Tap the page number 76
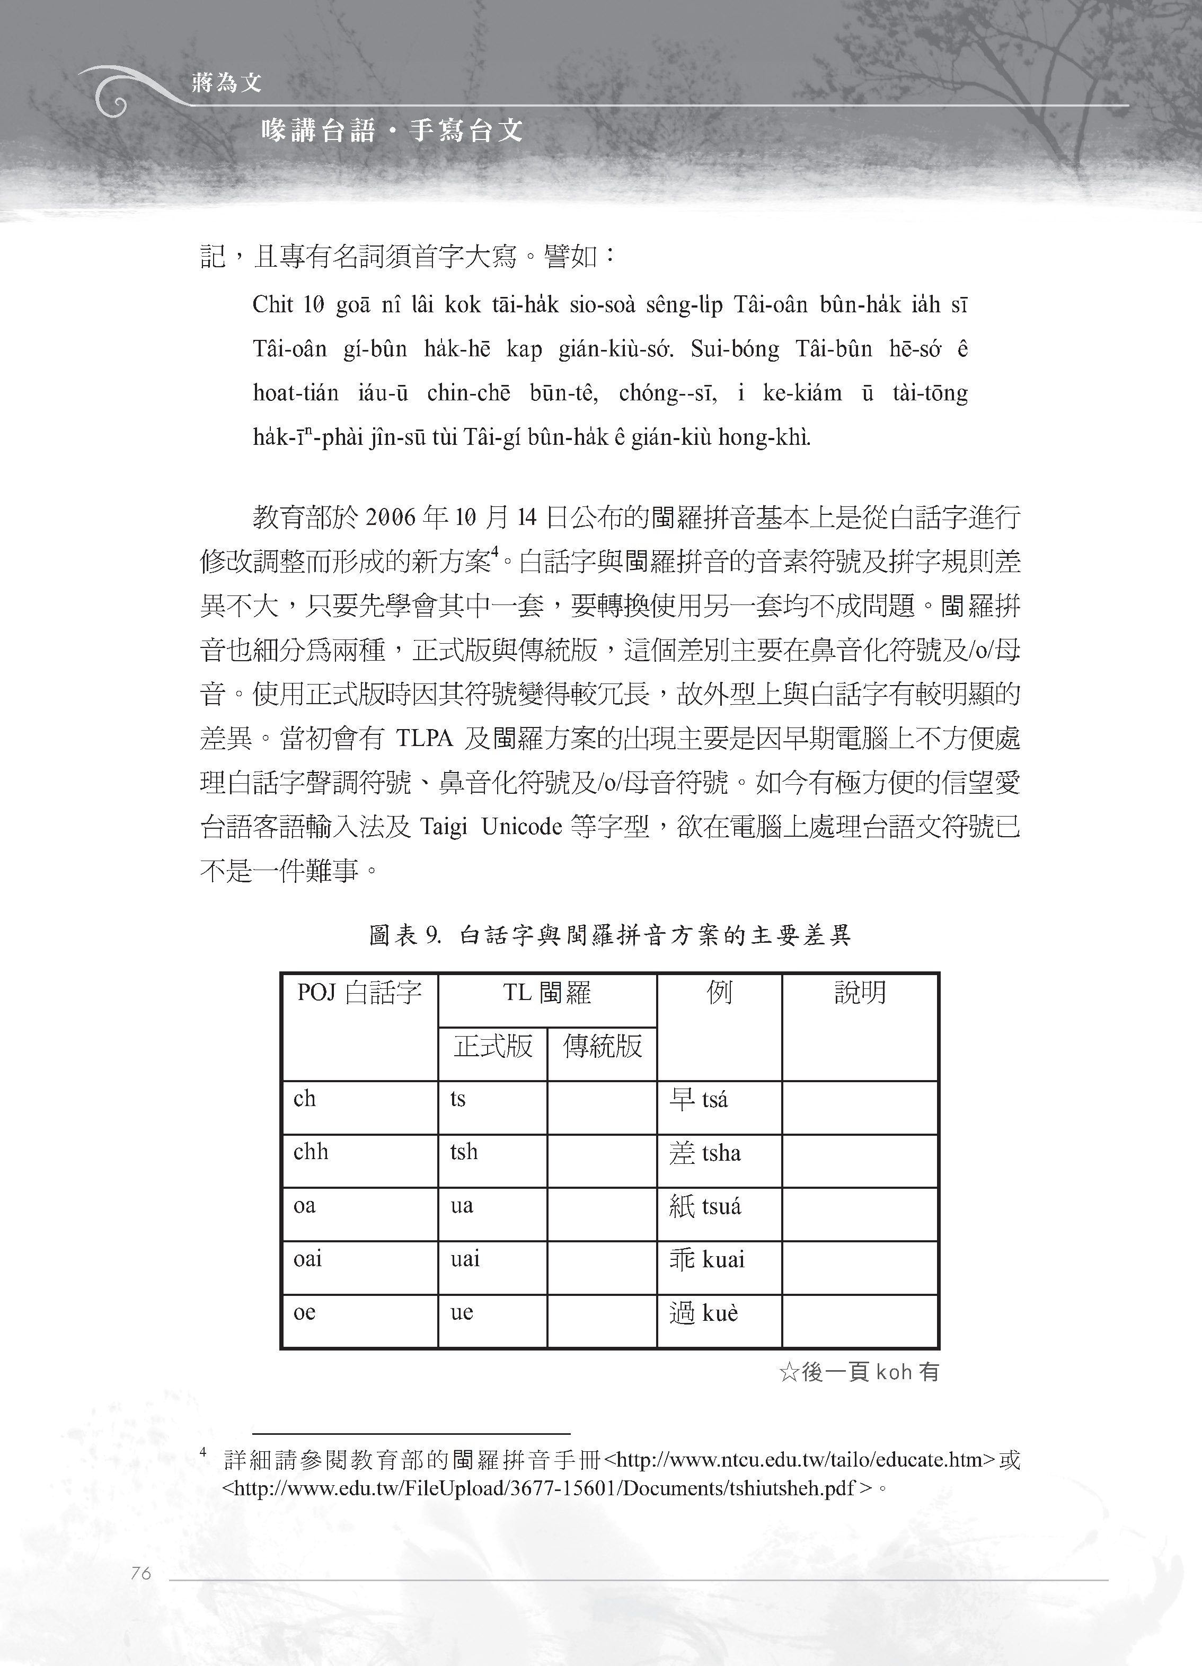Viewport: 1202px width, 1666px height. click(140, 1573)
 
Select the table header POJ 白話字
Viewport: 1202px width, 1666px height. click(359, 993)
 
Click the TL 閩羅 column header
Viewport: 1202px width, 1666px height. click(547, 993)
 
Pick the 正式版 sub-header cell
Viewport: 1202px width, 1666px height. click(493, 1045)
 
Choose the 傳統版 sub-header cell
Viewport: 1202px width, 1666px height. click(602, 1045)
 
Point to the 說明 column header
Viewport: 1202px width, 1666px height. click(860, 993)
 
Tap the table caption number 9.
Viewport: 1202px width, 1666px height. click(432, 935)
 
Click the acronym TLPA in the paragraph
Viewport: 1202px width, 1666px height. click(425, 738)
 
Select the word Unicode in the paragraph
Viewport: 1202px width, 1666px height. click(522, 827)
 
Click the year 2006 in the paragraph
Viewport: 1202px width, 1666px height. click(391, 518)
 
